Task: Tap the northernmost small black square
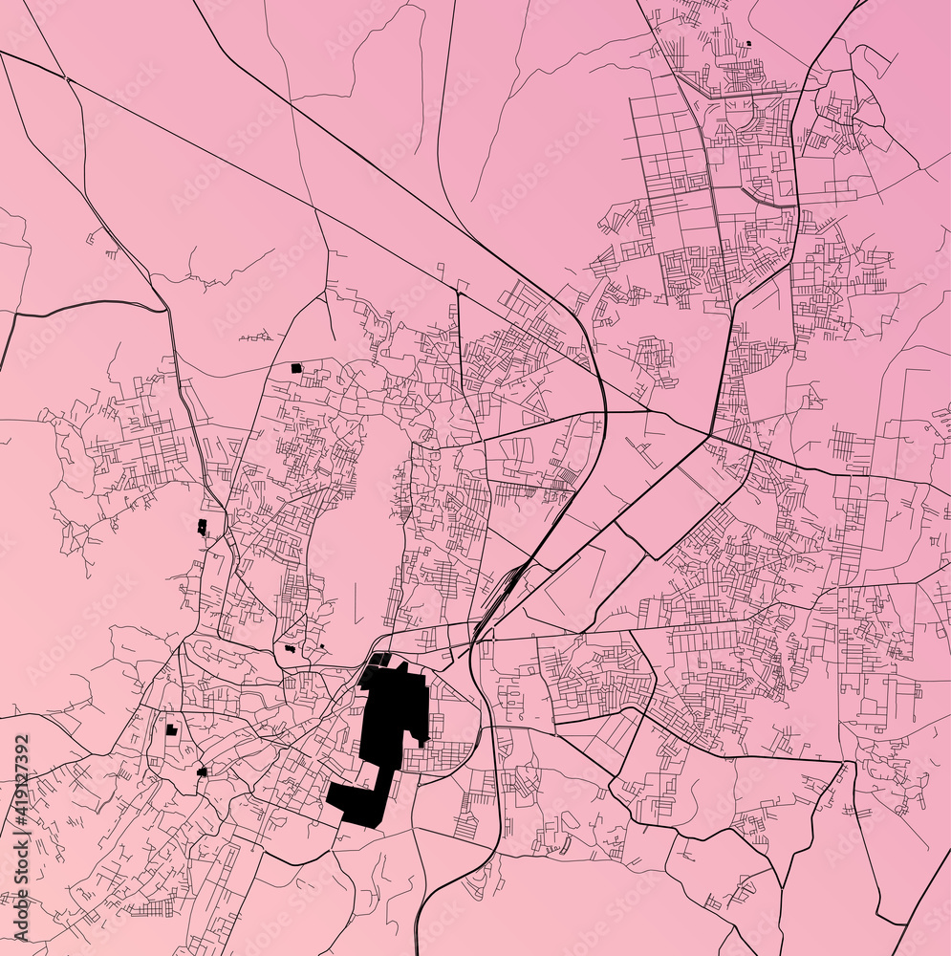pyautogui.click(x=748, y=43)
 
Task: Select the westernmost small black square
pyautogui.click(x=171, y=729)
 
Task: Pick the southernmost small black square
pyautogui.click(x=201, y=771)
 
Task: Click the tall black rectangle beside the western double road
pyautogui.click(x=202, y=527)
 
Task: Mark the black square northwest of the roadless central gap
pyautogui.click(x=296, y=367)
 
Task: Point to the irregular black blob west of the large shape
pyautogui.click(x=290, y=649)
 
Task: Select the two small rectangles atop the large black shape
pyautogui.click(x=381, y=659)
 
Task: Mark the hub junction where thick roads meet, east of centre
pyautogui.click(x=708, y=436)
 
